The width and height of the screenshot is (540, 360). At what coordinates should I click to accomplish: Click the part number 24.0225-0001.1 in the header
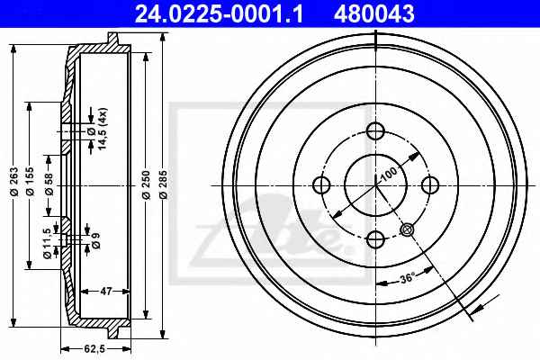point(219,13)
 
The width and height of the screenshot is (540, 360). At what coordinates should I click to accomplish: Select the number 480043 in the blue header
point(374,13)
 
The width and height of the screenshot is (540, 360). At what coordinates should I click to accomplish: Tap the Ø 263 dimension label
point(14,182)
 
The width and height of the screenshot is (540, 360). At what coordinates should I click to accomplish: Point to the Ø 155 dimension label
point(30,182)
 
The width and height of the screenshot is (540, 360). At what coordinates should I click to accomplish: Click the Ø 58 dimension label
point(49,184)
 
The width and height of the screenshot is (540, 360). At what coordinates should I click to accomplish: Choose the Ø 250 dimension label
point(147,184)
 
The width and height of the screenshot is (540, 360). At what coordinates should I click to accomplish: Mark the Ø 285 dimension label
point(164,184)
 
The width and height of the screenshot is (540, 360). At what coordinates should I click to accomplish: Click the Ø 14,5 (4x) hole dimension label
point(97,129)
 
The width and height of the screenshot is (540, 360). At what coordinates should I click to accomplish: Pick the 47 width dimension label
point(106,292)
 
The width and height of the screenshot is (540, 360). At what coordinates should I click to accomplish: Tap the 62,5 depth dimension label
point(94,349)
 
